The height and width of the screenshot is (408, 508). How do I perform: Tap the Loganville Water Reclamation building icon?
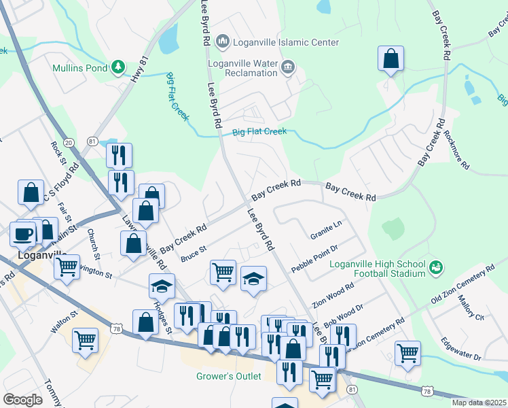coord(288,67)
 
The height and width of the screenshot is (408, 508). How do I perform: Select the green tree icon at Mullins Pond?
coord(119,67)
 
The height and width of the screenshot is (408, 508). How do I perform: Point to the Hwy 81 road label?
coord(139,68)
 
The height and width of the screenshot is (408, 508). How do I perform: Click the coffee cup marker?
coord(22,233)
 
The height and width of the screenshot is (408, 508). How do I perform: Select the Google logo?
coord(22,399)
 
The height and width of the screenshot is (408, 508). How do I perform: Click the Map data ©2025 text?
coord(479,403)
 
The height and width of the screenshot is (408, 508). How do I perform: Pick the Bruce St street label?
coord(193,254)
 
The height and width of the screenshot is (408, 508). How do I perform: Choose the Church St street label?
coord(94,243)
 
